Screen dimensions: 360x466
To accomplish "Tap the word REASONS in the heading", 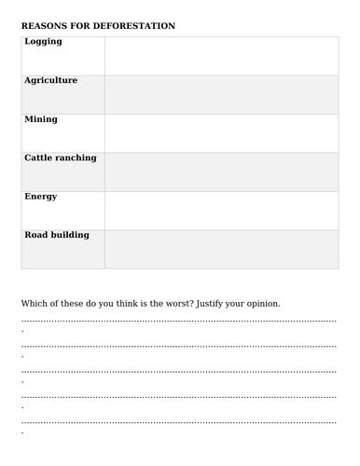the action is [x=45, y=26].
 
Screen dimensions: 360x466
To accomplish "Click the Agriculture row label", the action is [x=50, y=80].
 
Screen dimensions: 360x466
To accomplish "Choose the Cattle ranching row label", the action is [x=60, y=158].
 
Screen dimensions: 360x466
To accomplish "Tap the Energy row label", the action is [x=41, y=197].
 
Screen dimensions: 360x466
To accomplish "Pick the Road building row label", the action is [x=57, y=235].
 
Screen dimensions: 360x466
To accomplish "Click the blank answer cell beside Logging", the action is [x=221, y=56].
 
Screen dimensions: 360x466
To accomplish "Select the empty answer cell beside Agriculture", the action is [x=221, y=95].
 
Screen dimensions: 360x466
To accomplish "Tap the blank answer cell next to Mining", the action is [x=221, y=133].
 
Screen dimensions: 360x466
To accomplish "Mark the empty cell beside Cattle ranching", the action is [x=221, y=172].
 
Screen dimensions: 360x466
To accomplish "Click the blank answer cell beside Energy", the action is [x=221, y=211].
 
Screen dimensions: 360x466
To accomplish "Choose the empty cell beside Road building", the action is [x=221, y=249].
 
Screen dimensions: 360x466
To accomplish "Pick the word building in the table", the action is [x=70, y=235].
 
